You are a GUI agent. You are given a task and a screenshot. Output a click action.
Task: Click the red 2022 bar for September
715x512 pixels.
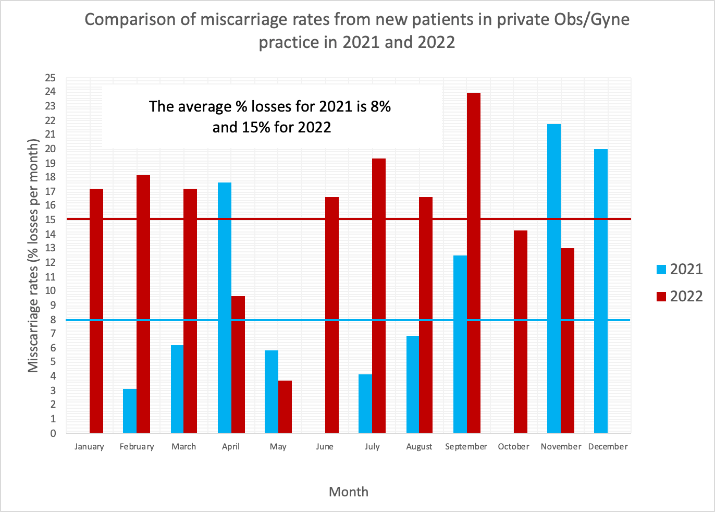[x=473, y=263]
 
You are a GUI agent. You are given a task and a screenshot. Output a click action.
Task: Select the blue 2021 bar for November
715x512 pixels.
[x=553, y=278]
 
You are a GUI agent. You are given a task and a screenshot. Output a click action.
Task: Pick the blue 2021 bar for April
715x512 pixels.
[x=224, y=308]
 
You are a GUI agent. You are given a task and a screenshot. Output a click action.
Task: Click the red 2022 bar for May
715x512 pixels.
[x=285, y=407]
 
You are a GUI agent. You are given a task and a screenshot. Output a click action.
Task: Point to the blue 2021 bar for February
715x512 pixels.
[x=130, y=411]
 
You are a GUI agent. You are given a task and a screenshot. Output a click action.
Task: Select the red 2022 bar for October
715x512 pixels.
[x=520, y=332]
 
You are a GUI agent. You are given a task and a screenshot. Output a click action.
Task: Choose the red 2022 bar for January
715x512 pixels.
[x=96, y=311]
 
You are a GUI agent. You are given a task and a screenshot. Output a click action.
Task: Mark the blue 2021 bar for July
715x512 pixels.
[x=365, y=404]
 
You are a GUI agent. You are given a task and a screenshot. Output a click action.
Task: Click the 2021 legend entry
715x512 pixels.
[x=679, y=269]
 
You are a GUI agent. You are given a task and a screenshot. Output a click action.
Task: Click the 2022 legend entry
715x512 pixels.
[x=679, y=296]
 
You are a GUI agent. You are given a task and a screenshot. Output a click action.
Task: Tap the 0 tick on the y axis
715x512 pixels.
[x=53, y=433]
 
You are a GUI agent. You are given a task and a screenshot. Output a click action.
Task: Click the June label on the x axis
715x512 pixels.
[x=325, y=447]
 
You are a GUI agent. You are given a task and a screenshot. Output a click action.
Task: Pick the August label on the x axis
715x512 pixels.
[x=419, y=447]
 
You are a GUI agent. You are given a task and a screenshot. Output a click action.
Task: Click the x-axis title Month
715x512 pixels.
[x=348, y=492]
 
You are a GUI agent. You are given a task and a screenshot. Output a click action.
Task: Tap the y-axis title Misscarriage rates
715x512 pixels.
[x=33, y=255]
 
